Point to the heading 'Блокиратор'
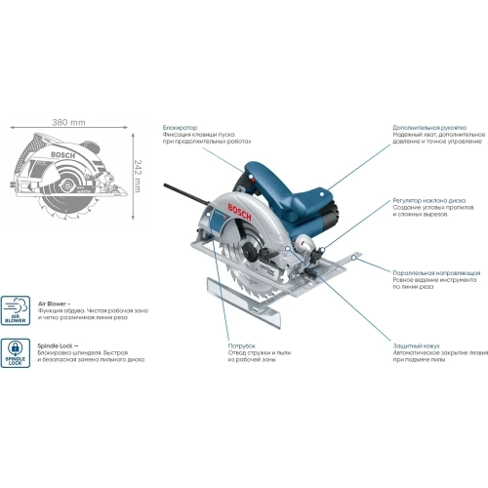point(182,128)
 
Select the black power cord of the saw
point(195,185)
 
